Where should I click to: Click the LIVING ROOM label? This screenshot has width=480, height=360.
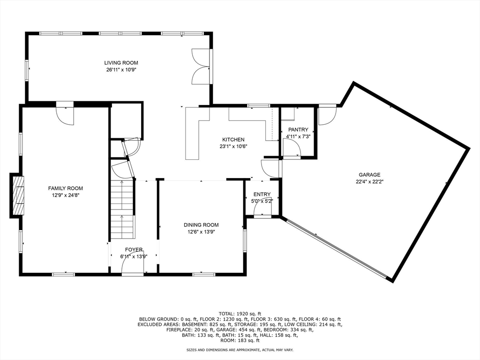point(121,63)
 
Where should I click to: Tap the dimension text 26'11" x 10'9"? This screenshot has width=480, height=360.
point(121,70)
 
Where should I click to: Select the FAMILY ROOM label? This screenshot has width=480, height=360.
point(66,188)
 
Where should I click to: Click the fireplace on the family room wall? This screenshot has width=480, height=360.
point(18,195)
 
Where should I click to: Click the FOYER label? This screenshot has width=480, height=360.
point(134,250)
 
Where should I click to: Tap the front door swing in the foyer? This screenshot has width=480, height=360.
point(133,262)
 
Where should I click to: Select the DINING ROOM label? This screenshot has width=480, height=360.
point(201,225)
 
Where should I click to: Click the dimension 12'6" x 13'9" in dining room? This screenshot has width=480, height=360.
point(201,232)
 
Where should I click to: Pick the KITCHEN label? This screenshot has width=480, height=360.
point(233,140)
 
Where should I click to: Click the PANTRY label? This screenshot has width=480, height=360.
point(298,130)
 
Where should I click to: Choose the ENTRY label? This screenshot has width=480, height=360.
point(262,195)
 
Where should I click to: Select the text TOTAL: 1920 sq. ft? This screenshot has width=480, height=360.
point(240,314)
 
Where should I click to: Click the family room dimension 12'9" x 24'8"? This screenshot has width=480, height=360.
point(66,195)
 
